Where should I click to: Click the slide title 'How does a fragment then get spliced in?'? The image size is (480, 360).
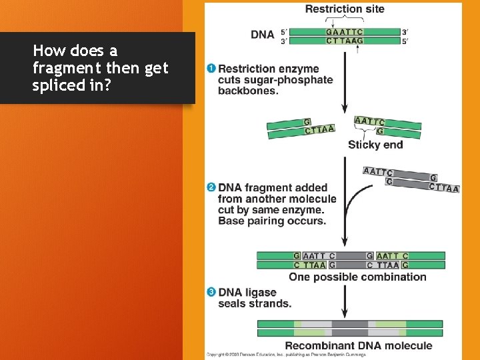coord(101,68)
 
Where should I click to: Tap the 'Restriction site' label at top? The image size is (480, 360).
coord(344,9)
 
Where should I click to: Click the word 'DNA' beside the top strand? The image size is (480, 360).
coord(262,35)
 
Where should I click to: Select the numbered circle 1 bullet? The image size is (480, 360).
coord(211,69)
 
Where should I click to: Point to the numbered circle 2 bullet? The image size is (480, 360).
coord(211,187)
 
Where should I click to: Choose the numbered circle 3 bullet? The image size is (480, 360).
coord(211,292)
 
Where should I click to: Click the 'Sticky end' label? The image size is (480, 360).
coord(375,145)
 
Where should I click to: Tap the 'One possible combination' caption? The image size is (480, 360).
coord(357,277)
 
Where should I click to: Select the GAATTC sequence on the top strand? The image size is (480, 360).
coord(345,31)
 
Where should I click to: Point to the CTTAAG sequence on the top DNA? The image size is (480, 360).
coord(345,41)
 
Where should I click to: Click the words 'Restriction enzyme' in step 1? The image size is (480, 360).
coord(269,69)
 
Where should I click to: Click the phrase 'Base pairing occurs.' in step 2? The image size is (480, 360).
coord(271,221)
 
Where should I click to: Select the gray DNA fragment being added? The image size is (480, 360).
coord(411,179)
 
